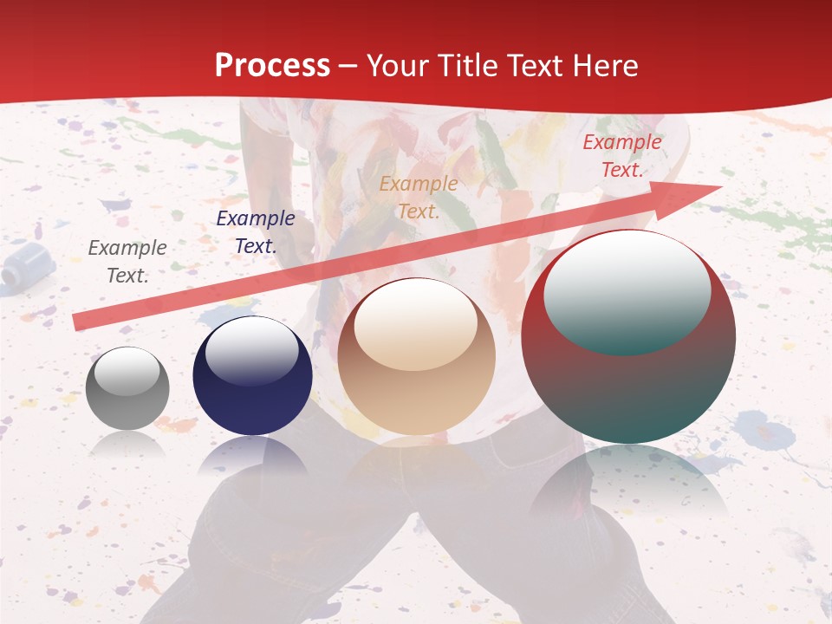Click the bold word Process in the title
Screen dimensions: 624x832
272,66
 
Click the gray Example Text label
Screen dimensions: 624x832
127,261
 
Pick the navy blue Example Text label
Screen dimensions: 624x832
256,232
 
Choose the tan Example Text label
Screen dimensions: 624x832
419,197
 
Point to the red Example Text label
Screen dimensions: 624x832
622,156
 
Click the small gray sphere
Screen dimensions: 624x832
127,388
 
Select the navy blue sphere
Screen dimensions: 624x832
252,375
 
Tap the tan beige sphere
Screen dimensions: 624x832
416,356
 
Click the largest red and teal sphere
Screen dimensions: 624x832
628,336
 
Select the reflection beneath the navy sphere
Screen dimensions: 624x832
252,456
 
